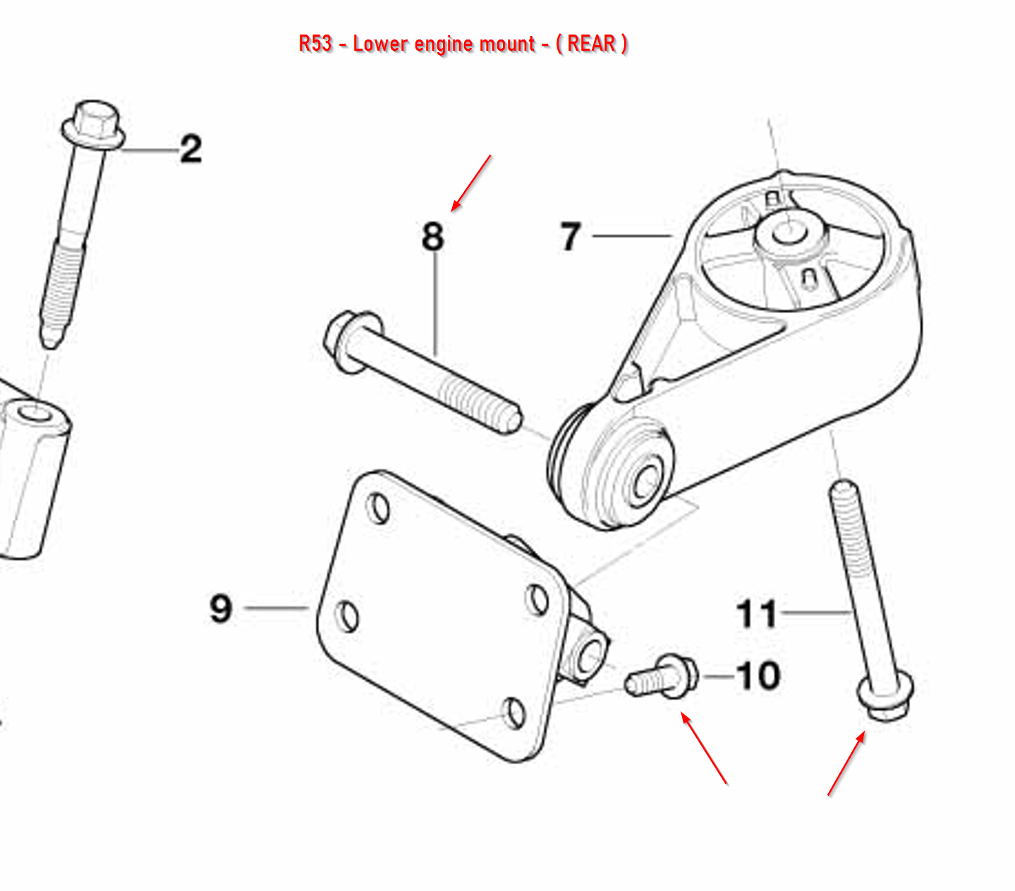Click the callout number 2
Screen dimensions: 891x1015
point(190,149)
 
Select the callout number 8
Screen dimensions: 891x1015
point(432,237)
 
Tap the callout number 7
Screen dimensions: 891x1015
point(570,236)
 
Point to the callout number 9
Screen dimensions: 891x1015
point(221,608)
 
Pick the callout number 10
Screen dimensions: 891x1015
point(758,676)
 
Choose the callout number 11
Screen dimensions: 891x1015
point(756,614)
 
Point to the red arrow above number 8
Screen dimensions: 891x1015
point(470,183)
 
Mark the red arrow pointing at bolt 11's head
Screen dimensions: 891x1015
point(846,763)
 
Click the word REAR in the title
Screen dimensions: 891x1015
point(591,44)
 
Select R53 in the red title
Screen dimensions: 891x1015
point(315,44)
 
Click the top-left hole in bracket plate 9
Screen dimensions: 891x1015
point(379,508)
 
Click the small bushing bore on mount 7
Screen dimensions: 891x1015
point(645,482)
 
